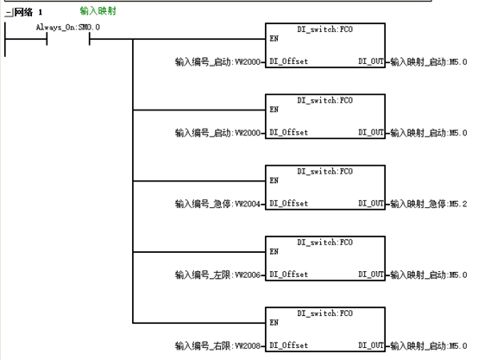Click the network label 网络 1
(x=28, y=12)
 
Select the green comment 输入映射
(x=97, y=11)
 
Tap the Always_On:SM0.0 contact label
(x=67, y=27)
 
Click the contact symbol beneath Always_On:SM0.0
(x=68, y=39)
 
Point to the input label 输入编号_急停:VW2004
(x=217, y=204)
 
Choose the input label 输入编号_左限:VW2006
(x=217, y=275)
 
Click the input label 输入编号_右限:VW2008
(x=217, y=346)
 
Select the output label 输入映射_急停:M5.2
(x=429, y=204)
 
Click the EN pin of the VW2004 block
(x=274, y=180)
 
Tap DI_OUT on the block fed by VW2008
(x=371, y=345)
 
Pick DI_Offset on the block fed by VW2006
(x=288, y=275)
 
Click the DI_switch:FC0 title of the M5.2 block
(x=325, y=171)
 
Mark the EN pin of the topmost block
(x=274, y=39)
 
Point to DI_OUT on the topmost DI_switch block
(x=371, y=61)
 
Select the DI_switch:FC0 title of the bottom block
(x=325, y=313)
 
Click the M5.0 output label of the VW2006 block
(x=429, y=275)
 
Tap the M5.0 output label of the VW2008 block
(x=429, y=346)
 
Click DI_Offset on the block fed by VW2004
(x=288, y=203)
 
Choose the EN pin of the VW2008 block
(x=274, y=323)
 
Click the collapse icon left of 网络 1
(x=9, y=12)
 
